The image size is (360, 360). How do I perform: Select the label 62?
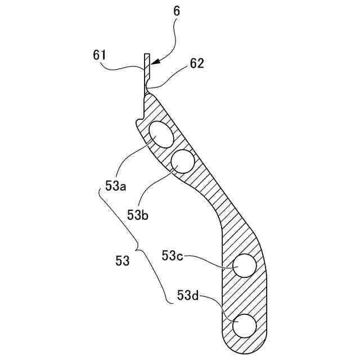pos(196,64)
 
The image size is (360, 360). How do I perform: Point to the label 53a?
pos(115,185)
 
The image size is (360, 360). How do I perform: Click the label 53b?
pos(137,214)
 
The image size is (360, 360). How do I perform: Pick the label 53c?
pos(172,255)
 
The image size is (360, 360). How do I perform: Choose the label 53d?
pos(188,295)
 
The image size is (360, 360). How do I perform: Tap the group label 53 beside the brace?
pos(122,261)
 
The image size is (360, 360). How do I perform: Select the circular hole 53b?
pos(182,161)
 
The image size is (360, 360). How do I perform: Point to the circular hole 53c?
pos(245,265)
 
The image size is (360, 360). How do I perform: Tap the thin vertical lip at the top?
pos(146,70)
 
